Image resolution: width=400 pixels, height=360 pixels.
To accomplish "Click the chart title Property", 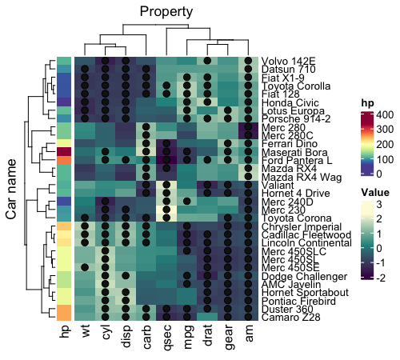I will (x=166, y=11).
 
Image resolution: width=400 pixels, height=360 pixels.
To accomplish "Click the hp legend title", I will (x=368, y=102).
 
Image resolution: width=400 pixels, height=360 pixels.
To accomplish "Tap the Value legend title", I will (x=376, y=192).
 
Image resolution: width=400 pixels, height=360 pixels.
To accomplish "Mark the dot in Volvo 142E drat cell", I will (x=208, y=61).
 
